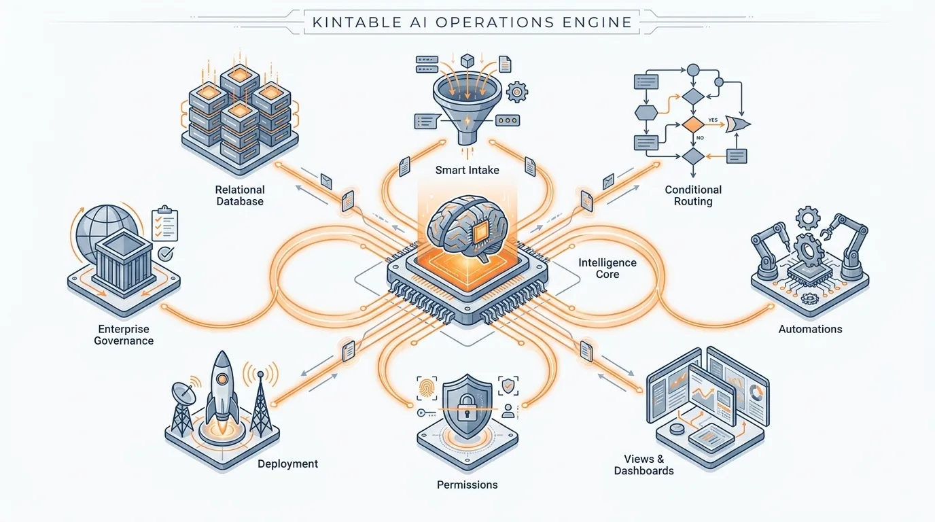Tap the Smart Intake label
coord(467,170)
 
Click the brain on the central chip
coord(467,228)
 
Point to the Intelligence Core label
coord(607,268)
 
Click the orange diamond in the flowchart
coord(693,125)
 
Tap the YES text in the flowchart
coord(713,120)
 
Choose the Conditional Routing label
coord(693,196)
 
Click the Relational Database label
coord(240,196)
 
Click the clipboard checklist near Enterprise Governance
coord(165,224)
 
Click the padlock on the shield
coord(467,408)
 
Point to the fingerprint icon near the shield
coord(426,388)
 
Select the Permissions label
coord(467,485)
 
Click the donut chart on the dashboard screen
coord(756,392)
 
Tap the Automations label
coord(810,329)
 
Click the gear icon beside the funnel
coord(517,92)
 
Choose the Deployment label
coord(287,464)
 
